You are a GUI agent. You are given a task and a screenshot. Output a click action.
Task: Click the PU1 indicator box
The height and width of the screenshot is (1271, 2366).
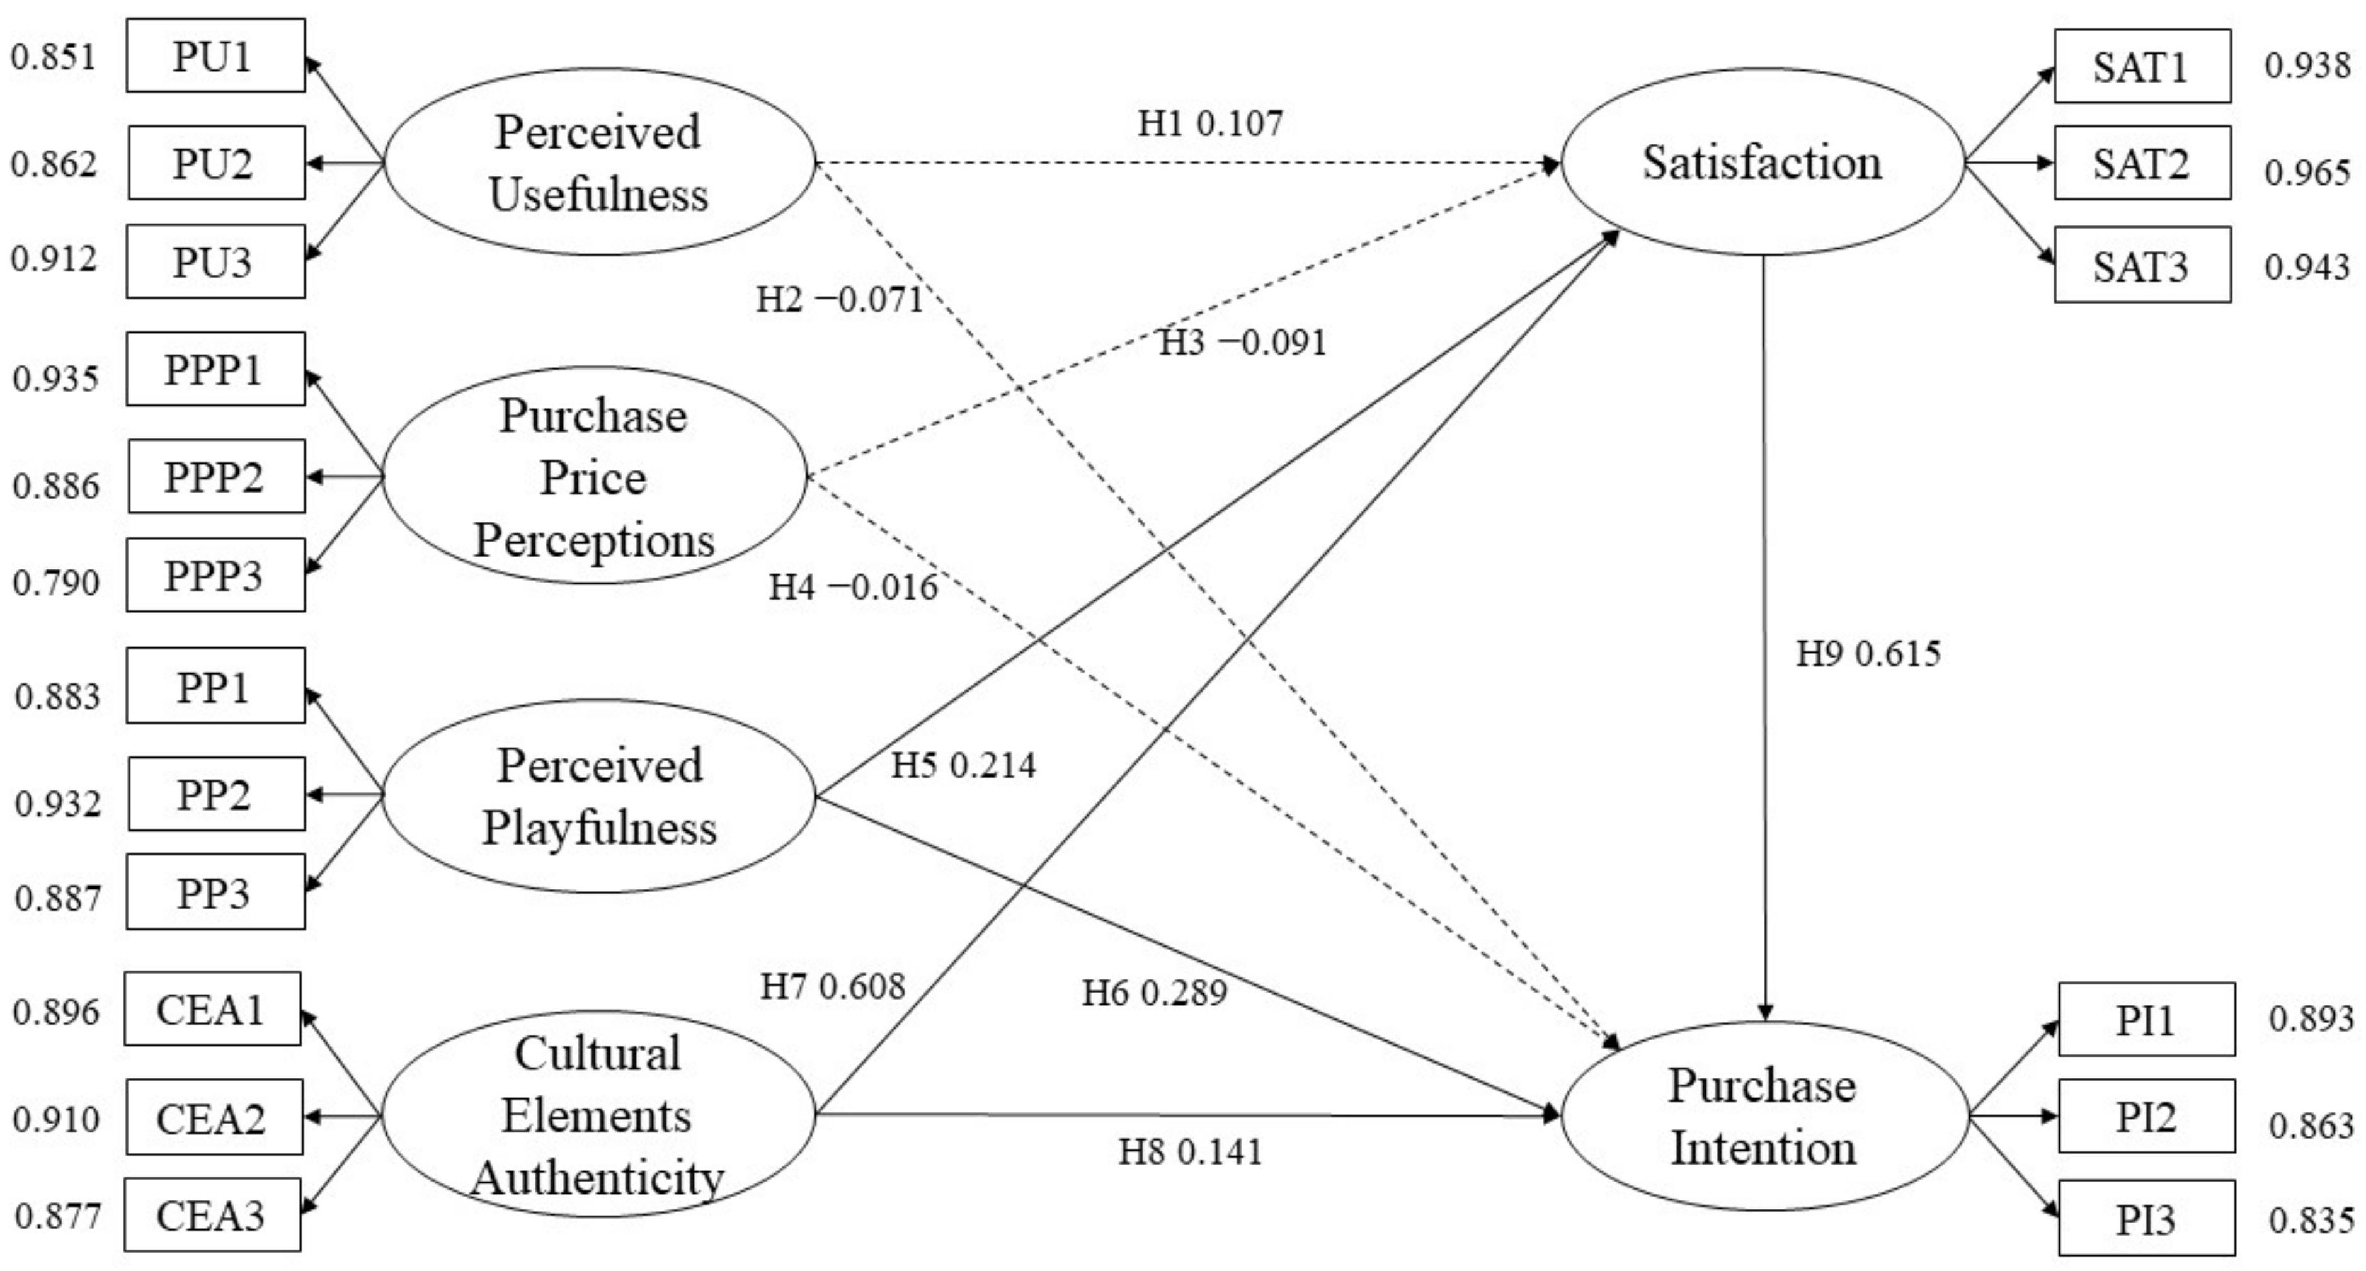[x=215, y=56]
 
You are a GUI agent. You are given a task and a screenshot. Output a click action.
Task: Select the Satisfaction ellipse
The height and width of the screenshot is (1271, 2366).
[x=1762, y=162]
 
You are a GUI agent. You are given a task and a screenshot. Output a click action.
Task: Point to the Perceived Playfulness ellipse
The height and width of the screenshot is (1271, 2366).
[x=599, y=796]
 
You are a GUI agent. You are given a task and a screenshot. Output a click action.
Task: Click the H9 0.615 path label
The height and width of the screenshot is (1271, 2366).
[x=1868, y=654]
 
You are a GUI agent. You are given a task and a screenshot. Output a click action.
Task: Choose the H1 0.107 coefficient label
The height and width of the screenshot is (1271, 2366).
[x=1209, y=123]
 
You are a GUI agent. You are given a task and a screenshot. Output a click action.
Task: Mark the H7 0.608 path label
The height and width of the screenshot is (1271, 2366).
[x=832, y=987]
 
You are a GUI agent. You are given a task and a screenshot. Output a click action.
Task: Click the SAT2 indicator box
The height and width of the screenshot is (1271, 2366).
[x=2142, y=164]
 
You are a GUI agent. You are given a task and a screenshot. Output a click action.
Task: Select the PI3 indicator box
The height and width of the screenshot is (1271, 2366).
[x=2146, y=1219]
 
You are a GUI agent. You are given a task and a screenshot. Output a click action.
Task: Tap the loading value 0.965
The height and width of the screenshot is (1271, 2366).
[x=2306, y=173]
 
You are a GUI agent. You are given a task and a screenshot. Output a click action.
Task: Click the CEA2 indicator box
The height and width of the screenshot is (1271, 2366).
[x=213, y=1117]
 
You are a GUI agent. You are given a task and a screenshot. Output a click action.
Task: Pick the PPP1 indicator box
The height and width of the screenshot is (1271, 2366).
[x=215, y=369]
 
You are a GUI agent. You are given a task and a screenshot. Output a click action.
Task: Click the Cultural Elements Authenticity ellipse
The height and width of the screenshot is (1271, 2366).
[x=598, y=1115]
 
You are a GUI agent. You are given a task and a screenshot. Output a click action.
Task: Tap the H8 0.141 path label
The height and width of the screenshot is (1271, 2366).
[x=1191, y=1151]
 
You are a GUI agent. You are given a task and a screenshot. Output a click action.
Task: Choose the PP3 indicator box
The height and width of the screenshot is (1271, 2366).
[x=215, y=892]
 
